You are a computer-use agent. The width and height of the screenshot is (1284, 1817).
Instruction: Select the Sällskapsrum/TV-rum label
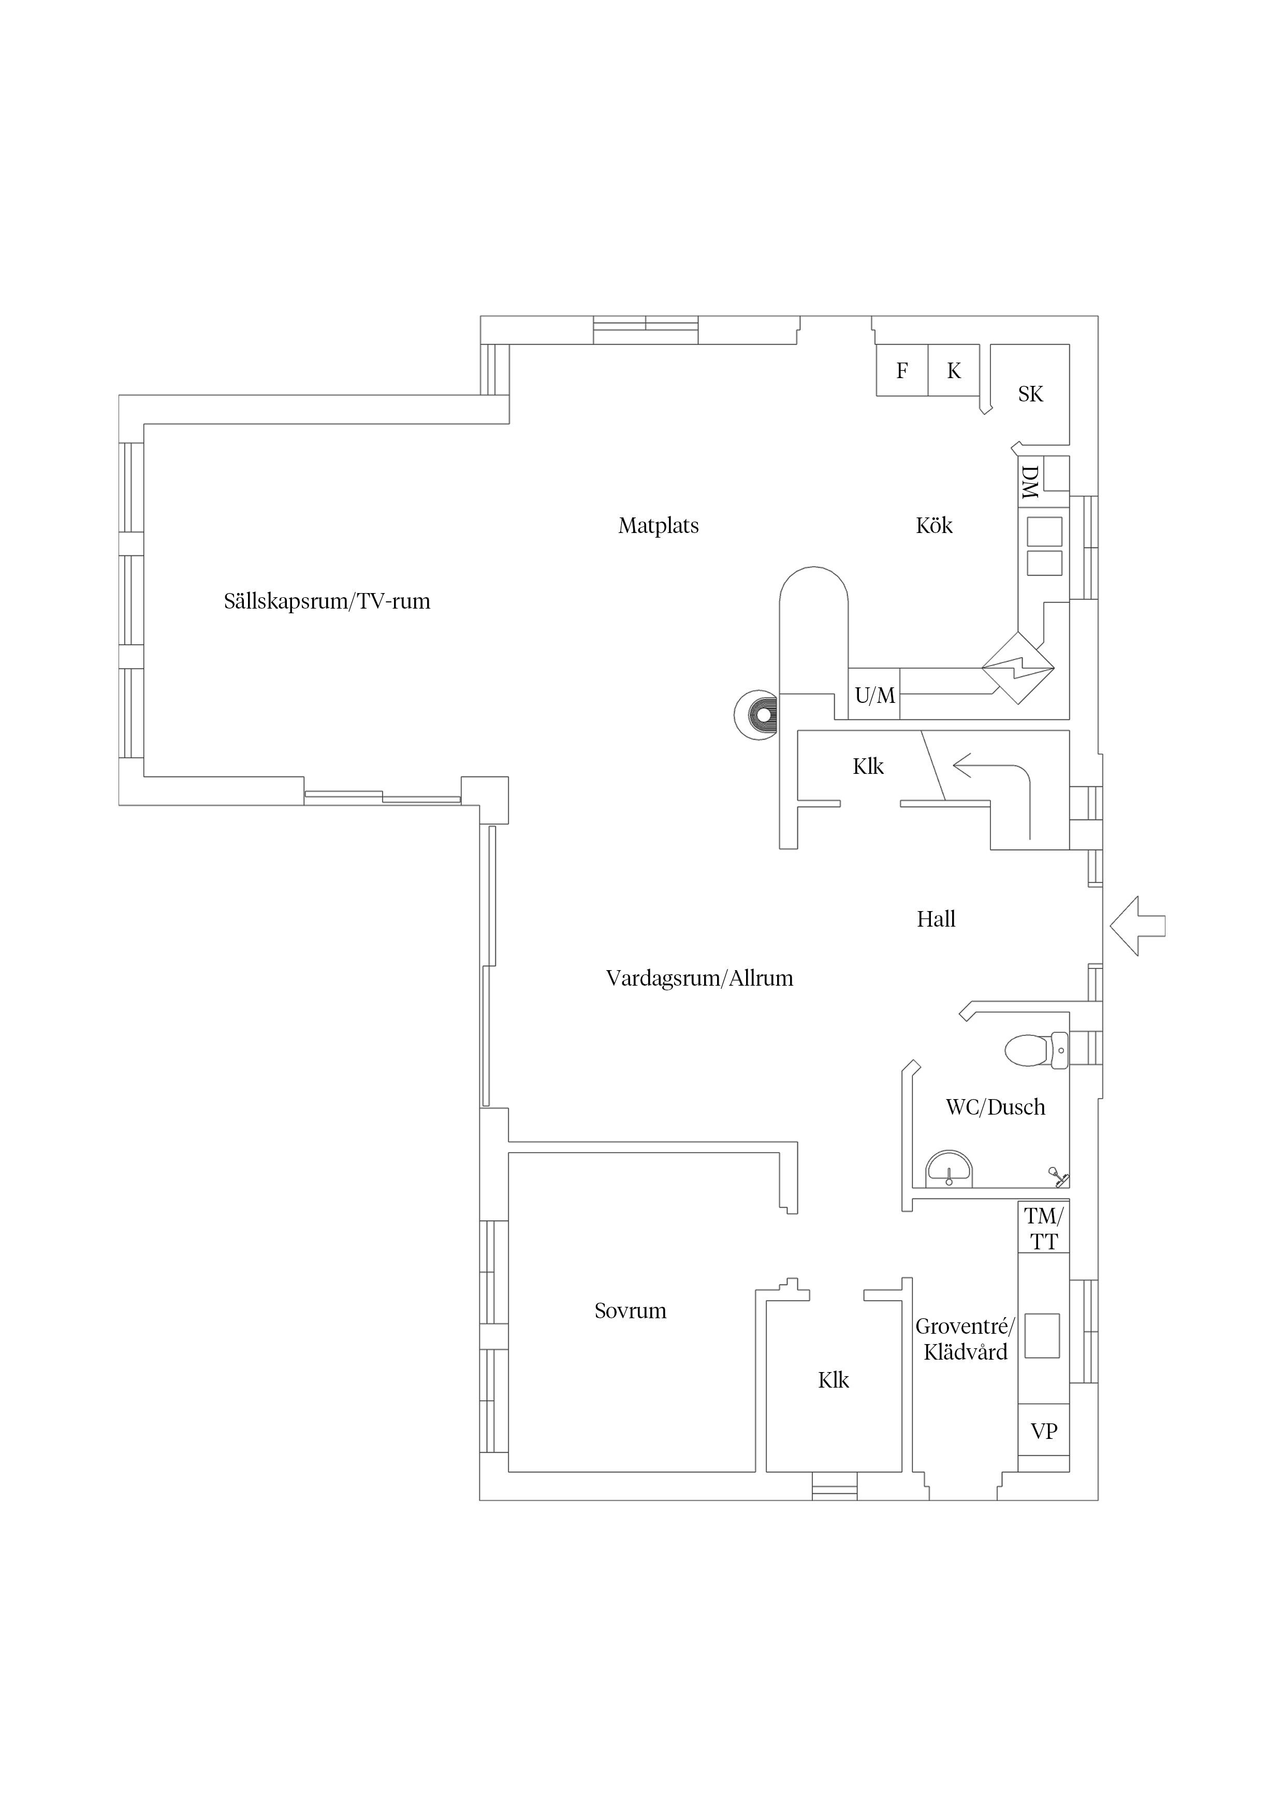(x=327, y=601)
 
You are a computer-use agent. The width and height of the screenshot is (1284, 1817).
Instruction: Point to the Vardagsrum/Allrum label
(x=699, y=978)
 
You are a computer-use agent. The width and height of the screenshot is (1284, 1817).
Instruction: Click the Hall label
(x=936, y=919)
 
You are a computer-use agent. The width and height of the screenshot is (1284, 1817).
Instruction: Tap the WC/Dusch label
(x=995, y=1106)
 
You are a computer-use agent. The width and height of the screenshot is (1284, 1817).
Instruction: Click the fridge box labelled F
(x=902, y=370)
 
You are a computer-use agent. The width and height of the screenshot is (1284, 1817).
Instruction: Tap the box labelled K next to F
(x=954, y=370)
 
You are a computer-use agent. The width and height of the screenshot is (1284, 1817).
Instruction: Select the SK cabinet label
(x=1030, y=394)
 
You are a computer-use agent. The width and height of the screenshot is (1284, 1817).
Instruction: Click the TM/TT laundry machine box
(x=1043, y=1228)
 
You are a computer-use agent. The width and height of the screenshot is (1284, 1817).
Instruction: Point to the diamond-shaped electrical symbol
(x=1018, y=668)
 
